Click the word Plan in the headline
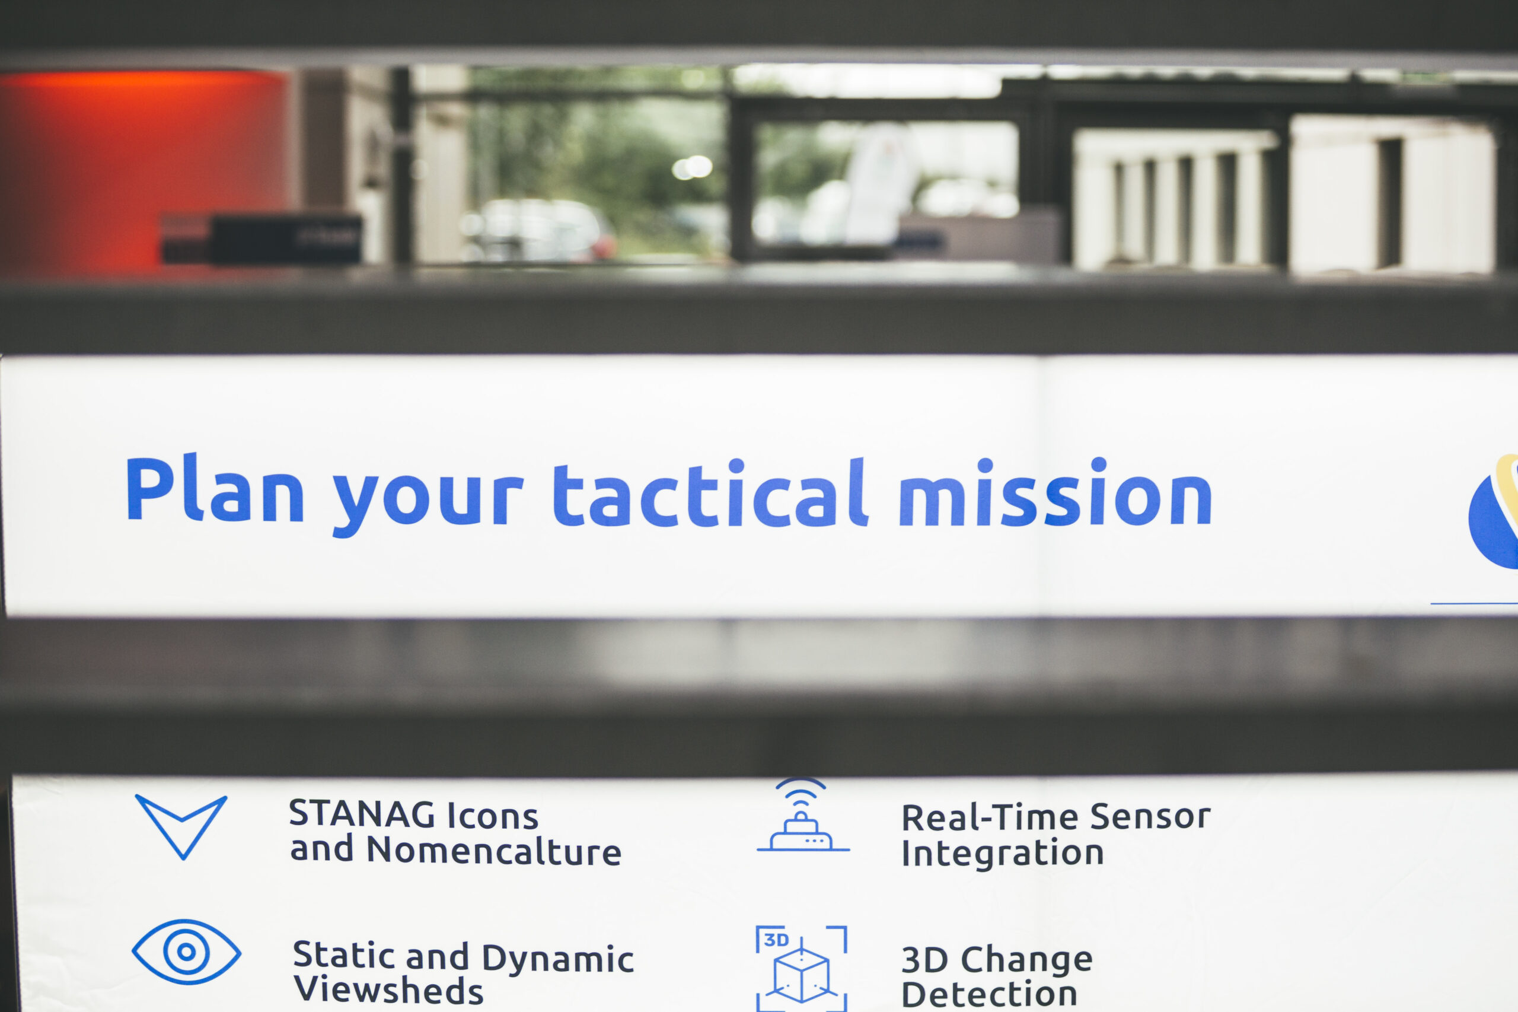tap(215, 489)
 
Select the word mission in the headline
tap(1055, 492)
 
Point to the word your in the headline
tap(428, 501)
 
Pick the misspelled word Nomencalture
tap(494, 850)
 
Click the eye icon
tap(186, 952)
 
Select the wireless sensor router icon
tap(802, 815)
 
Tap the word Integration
tap(1003, 853)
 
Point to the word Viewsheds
tap(388, 989)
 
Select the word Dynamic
tap(558, 959)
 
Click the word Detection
tap(989, 995)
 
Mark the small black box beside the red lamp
tap(261, 238)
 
